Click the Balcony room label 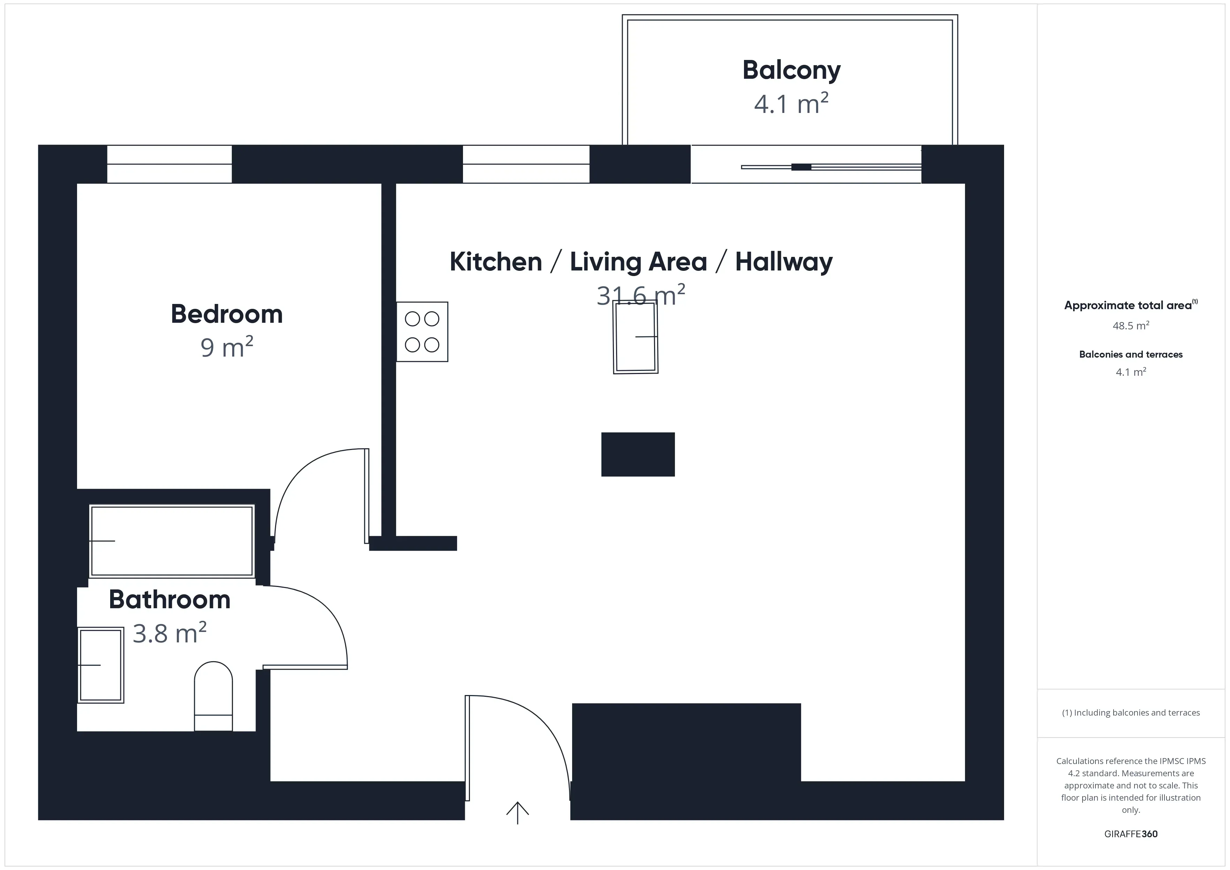click(x=791, y=70)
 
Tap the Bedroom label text click(x=227, y=314)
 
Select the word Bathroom click(x=169, y=600)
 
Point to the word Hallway click(x=784, y=262)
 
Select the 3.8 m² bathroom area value click(x=169, y=634)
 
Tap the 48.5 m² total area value click(x=1130, y=326)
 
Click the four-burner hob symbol click(x=422, y=331)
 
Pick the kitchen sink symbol click(x=635, y=337)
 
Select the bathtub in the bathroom click(x=172, y=541)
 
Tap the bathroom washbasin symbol click(x=101, y=665)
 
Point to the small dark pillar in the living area click(x=638, y=454)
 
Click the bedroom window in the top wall click(x=169, y=164)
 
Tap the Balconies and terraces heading click(x=1130, y=354)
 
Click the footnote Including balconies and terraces click(x=1130, y=712)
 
